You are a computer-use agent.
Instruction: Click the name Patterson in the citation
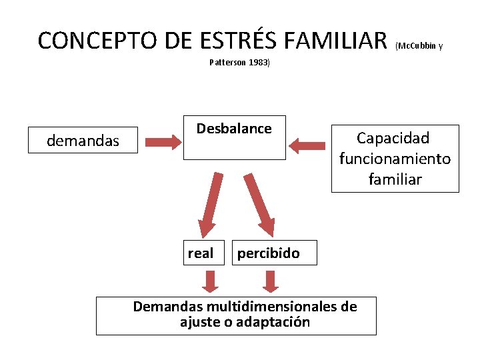[226, 63]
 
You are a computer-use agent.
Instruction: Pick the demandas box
[83, 141]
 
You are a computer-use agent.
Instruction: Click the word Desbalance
[234, 129]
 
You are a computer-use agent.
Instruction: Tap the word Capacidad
[393, 138]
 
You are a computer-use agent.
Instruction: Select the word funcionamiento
[395, 159]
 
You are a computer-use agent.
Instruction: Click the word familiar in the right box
[395, 179]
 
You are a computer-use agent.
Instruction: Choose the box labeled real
[201, 253]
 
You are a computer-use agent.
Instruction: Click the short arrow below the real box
[211, 281]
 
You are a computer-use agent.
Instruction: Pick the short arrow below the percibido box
[270, 281]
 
